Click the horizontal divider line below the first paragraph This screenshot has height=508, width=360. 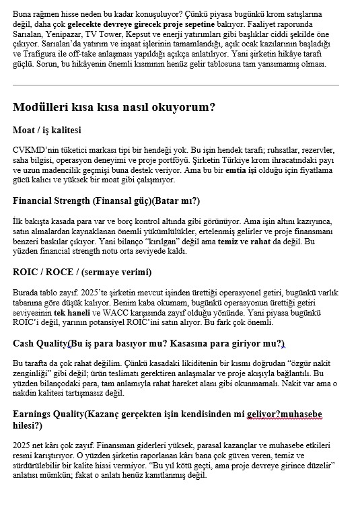[x=176, y=85]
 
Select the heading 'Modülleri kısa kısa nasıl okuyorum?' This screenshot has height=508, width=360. [x=114, y=106]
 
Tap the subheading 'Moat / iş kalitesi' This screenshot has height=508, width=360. [x=46, y=130]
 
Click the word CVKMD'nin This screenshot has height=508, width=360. [x=34, y=149]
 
